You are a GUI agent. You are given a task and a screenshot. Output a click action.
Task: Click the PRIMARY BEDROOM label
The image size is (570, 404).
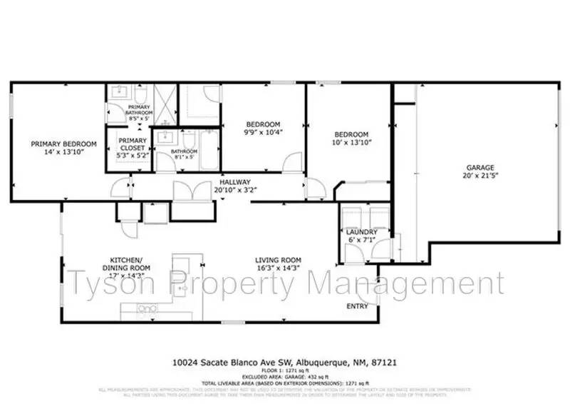[58, 143]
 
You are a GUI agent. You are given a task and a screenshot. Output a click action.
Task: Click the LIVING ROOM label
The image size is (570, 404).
[279, 260]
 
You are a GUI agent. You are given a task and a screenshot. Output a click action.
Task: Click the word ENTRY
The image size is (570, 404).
[357, 306]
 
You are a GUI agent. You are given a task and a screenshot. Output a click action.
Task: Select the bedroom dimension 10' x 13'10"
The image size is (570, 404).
[352, 143]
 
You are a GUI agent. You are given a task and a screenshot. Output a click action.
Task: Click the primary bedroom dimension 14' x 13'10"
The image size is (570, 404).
[58, 152]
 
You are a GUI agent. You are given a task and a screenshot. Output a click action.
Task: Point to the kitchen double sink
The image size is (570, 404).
[148, 308]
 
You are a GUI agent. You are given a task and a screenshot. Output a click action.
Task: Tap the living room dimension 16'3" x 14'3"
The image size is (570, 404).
[279, 268]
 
